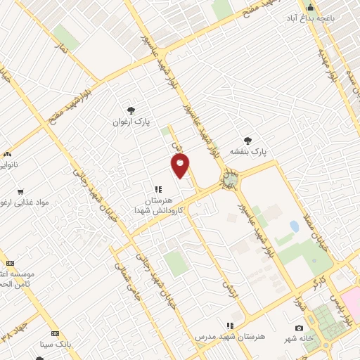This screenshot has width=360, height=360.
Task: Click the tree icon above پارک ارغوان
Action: coord(131,110)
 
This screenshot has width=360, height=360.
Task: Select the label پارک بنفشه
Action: coord(252,151)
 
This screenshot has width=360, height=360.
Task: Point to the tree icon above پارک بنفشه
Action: coord(247,141)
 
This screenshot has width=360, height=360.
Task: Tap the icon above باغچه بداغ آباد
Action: coord(309,7)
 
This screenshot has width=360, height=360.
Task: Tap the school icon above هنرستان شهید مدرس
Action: coord(229,326)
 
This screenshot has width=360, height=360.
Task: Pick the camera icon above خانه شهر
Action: coord(300,328)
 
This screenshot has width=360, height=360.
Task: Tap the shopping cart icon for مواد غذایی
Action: coord(20,191)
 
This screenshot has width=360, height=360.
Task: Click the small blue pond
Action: coord(293,226)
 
